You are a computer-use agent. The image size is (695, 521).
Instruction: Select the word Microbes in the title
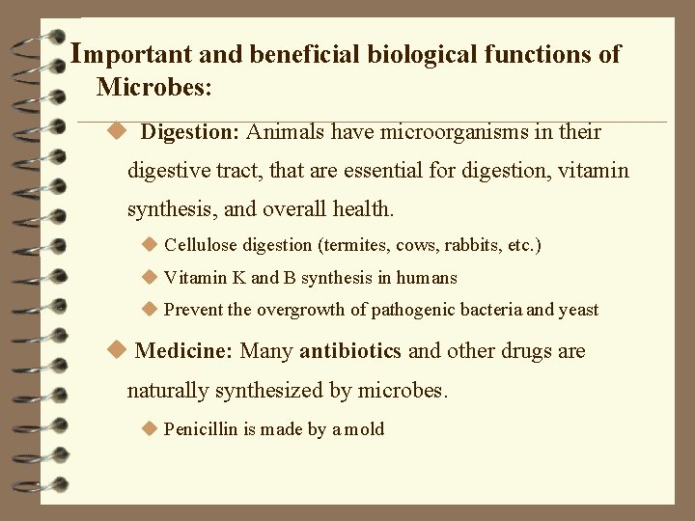(153, 88)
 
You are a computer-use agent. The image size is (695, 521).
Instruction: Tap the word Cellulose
(200, 245)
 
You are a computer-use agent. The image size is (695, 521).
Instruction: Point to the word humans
(427, 278)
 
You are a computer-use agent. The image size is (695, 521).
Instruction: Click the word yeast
(579, 310)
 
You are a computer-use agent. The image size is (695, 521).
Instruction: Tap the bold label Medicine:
(183, 350)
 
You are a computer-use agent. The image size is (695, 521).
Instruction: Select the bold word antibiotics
(351, 350)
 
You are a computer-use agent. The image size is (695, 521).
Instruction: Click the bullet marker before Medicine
(118, 349)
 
